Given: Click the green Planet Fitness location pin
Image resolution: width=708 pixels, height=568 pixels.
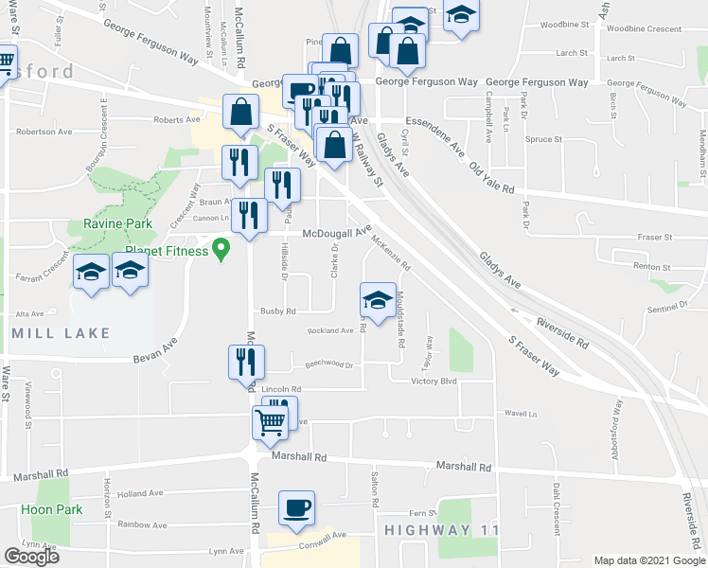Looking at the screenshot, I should (221, 249).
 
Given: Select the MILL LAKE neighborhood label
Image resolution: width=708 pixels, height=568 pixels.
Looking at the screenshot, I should (62, 333).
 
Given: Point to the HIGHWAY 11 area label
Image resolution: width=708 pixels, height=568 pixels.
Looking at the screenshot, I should (441, 531).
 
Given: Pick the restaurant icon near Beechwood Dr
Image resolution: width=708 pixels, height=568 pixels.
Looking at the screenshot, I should (246, 362).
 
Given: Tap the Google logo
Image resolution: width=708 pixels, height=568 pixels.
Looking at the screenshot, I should (31, 558).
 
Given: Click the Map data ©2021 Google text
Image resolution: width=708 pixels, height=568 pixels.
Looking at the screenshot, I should (648, 560).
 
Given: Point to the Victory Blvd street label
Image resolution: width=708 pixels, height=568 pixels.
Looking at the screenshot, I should (434, 382).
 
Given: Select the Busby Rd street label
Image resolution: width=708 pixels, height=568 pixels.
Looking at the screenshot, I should (278, 311).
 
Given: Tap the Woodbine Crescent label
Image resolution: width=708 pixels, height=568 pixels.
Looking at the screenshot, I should (645, 29).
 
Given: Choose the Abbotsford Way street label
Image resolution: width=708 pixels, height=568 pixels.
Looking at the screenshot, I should (617, 422).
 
